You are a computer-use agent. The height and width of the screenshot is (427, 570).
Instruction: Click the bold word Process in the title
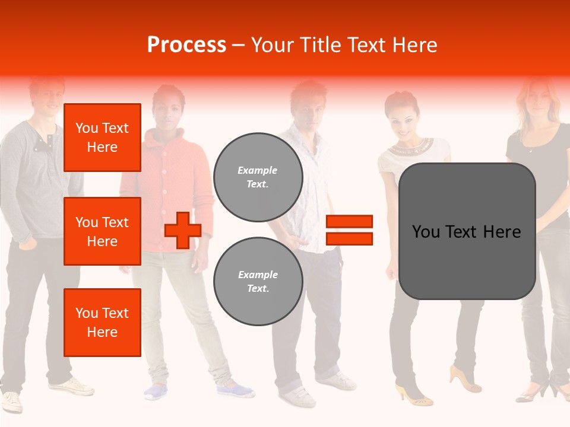point(186,45)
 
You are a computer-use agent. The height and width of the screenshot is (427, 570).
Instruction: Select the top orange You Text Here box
point(102,138)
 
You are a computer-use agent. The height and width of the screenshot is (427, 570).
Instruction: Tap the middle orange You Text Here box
point(102,231)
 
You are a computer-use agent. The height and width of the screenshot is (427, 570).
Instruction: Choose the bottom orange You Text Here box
point(102,323)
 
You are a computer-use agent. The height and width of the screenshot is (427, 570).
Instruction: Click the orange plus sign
point(183,230)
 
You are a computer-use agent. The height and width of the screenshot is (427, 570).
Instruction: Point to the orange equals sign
point(349,230)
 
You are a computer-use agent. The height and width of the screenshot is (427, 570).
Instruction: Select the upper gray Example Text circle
point(258,177)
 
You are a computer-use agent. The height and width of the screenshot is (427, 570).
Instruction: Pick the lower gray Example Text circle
point(258,282)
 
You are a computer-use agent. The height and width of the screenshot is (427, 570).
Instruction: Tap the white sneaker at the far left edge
point(11,401)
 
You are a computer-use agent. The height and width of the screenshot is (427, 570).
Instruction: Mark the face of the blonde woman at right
point(537,98)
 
